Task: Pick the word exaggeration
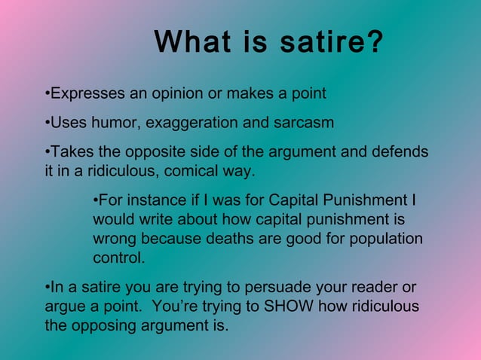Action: click(198, 122)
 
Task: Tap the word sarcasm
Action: click(302, 122)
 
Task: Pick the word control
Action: click(118, 258)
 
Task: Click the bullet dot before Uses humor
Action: click(47, 122)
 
